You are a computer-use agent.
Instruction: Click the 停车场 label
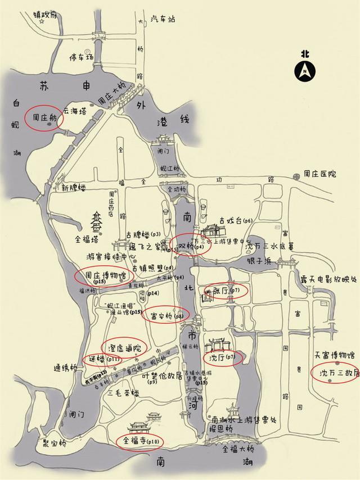(x=80, y=57)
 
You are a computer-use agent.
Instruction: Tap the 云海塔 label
(x=75, y=111)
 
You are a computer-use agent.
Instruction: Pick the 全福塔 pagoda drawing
(x=97, y=222)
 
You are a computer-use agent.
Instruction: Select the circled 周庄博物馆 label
(x=103, y=277)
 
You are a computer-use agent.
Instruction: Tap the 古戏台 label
(x=231, y=220)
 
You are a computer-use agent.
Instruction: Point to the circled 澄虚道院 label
(x=124, y=347)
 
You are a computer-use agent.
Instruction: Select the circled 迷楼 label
(x=102, y=359)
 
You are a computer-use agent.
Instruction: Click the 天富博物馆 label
(x=334, y=355)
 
